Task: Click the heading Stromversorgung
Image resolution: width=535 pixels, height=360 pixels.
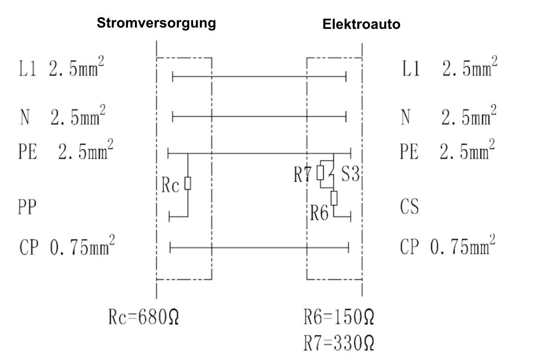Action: [x=156, y=23]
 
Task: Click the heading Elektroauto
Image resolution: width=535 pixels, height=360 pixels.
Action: [x=361, y=25]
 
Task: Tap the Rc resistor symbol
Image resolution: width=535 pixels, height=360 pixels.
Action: [x=187, y=184]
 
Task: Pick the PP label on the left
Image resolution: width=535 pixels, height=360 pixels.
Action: [x=28, y=207]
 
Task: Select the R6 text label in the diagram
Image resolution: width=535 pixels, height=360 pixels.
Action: [x=320, y=213]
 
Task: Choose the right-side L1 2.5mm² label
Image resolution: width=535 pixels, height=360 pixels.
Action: [x=448, y=70]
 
